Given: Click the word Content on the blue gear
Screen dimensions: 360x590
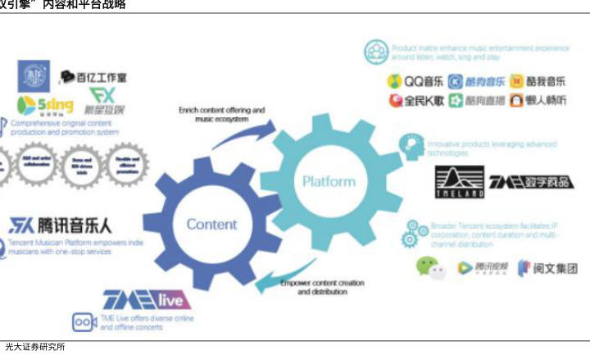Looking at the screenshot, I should click(211, 224).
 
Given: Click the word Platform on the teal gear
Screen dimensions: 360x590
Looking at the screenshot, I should click(329, 181).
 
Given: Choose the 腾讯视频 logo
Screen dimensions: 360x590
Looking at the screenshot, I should click(483, 267).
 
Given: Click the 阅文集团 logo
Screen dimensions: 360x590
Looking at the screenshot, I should click(547, 267).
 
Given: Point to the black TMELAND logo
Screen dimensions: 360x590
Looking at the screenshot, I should click(460, 181).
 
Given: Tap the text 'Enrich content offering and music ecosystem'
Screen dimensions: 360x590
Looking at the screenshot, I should click(221, 114).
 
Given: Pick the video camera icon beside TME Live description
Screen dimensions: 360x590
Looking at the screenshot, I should click(84, 322).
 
